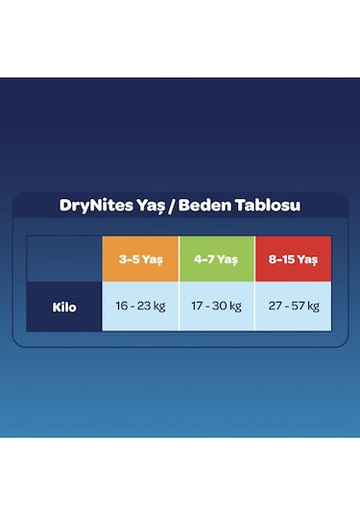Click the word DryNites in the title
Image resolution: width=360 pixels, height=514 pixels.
pos(86,206)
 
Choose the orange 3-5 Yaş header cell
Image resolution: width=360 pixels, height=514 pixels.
pos(140,258)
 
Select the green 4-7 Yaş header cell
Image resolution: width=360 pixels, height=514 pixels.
pos(216,258)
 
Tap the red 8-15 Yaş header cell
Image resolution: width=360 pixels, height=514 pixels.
pos(292,258)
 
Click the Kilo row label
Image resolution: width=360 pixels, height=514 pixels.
pos(64,307)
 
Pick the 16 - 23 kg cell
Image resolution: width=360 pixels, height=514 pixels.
pos(140,307)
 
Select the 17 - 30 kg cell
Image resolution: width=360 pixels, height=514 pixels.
pos(216,307)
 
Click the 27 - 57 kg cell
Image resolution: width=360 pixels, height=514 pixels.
pos(292,307)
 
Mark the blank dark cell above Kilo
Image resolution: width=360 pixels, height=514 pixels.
pos(64,258)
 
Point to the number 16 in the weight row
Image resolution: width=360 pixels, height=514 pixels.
pos(120,307)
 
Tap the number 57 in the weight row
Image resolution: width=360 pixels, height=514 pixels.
pos(294,307)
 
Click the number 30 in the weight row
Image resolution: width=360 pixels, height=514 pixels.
pos(218,307)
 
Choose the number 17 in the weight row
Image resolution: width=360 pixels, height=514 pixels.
pos(196,307)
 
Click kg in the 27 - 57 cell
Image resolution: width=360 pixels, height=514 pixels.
pos(312,307)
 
